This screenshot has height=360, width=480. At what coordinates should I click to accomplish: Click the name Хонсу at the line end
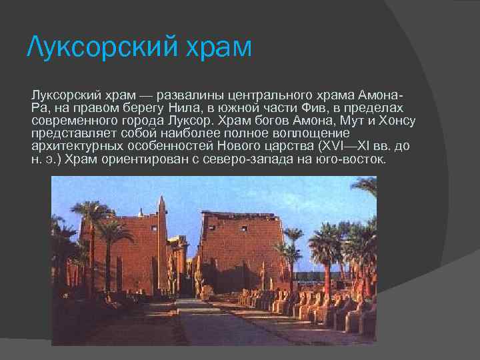point(397,121)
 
